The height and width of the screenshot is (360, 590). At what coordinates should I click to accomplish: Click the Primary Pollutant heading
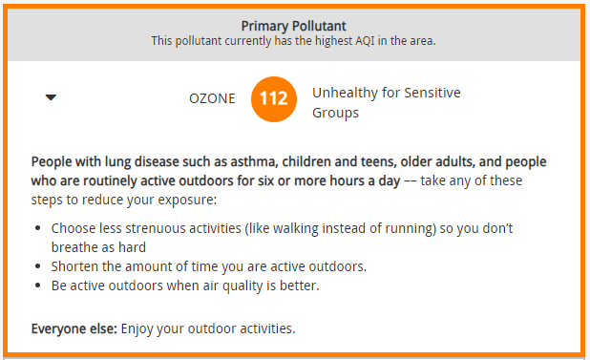(293, 26)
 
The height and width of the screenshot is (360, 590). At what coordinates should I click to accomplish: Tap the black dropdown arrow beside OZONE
(52, 97)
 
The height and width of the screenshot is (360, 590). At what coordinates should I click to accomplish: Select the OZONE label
(212, 97)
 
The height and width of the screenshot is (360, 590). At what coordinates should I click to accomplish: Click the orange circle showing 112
(274, 98)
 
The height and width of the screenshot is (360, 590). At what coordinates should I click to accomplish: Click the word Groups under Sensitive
(336, 113)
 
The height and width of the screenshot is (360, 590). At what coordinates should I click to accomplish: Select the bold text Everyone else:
(74, 328)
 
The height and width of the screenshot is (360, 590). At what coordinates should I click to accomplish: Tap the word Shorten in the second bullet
(75, 266)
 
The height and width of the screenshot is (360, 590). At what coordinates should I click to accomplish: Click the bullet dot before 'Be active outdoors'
(37, 286)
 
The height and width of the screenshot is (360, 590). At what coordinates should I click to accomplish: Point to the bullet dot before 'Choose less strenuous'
(37, 230)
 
